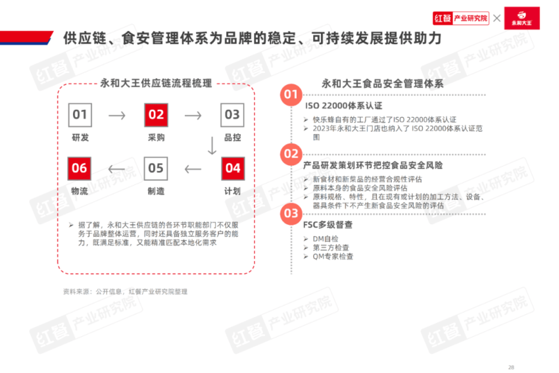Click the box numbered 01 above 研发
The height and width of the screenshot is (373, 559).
tap(80, 115)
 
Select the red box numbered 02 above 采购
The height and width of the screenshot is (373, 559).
tap(156, 115)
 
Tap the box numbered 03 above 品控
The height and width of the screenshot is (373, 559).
tap(232, 115)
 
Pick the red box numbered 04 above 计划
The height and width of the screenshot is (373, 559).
tap(233, 168)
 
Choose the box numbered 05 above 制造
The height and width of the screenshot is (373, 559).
tap(156, 168)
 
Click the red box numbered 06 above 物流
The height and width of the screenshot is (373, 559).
tap(79, 168)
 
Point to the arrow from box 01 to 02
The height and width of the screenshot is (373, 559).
tap(117, 115)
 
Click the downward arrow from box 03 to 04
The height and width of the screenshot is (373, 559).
tap(212, 145)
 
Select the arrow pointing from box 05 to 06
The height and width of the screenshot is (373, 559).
tap(116, 169)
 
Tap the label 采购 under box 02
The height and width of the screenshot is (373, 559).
tap(156, 137)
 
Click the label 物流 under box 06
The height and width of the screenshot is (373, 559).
tap(79, 191)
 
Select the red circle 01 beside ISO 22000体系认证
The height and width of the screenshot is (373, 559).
tap(291, 95)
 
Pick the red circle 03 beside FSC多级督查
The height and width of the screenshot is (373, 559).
tap(291, 214)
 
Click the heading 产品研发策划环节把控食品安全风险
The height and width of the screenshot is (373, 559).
tap(373, 166)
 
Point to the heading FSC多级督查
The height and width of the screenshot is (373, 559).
tap(328, 225)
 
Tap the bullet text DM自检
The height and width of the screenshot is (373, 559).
tap(326, 239)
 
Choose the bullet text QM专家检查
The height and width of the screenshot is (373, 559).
tap(333, 257)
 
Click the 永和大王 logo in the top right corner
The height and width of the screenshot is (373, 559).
tap(522, 18)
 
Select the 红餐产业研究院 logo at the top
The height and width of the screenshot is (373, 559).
tap(460, 18)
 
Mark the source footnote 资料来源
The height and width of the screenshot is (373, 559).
tap(125, 291)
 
